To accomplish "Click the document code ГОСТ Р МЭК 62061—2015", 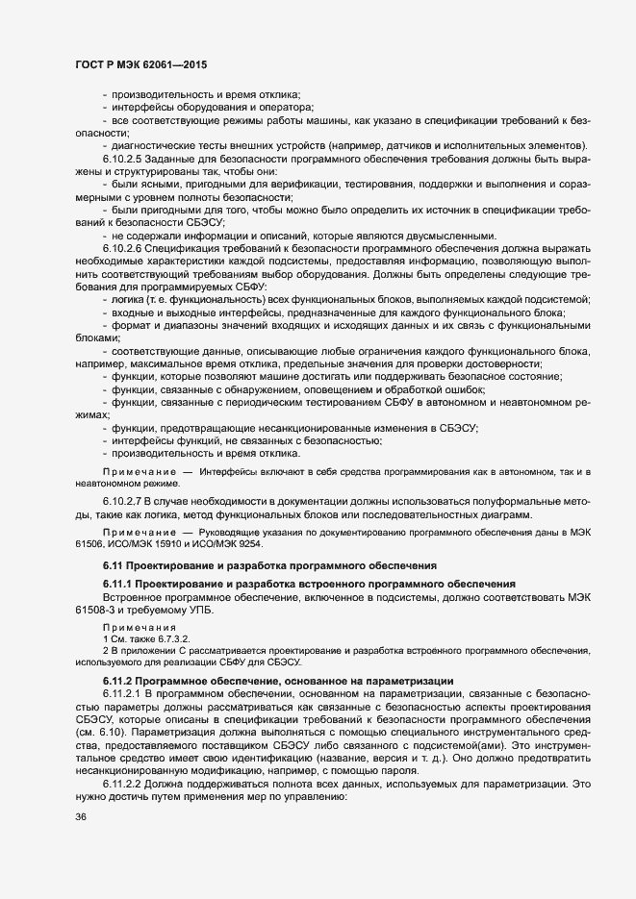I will click(140, 64).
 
